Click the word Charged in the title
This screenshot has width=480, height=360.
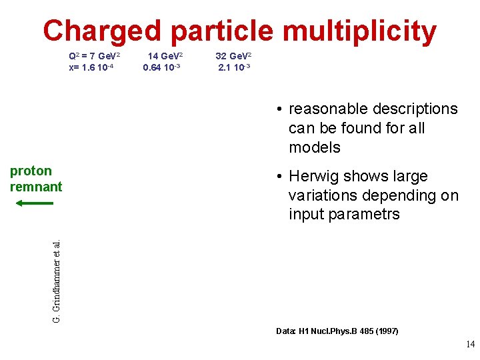point(102,31)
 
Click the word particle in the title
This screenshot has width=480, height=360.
point(221,31)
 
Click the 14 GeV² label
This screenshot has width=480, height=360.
point(165,57)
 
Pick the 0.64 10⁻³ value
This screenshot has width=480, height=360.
point(163,67)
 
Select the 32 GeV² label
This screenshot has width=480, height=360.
point(233,57)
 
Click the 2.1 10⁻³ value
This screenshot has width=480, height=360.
point(234,67)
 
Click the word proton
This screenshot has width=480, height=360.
point(31,171)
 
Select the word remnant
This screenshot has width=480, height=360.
point(36,187)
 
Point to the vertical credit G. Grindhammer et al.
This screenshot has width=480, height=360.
point(57,273)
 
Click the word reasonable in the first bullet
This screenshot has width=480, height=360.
point(331,109)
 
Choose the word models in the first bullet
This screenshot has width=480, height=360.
point(315,147)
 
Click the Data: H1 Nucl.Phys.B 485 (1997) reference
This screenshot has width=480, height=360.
point(337,331)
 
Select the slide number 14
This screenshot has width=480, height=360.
point(469,345)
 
